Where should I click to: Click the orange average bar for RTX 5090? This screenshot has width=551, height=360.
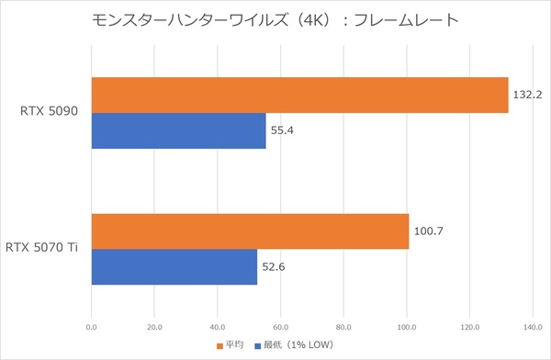coord(299,95)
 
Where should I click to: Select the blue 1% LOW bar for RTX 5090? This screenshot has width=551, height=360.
coord(178,130)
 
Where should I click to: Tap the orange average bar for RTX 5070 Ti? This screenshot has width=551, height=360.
coord(250,231)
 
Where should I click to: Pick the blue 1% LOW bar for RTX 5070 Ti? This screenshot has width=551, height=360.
coord(174,266)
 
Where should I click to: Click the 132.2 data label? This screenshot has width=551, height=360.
coord(527,95)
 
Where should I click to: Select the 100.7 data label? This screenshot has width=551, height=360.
coord(428,231)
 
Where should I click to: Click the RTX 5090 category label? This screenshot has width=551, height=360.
coord(50,112)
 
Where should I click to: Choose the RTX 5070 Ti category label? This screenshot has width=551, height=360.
coord(44,248)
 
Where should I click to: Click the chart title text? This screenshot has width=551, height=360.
coord(275,20)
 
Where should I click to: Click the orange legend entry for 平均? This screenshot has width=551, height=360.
coord(229,345)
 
